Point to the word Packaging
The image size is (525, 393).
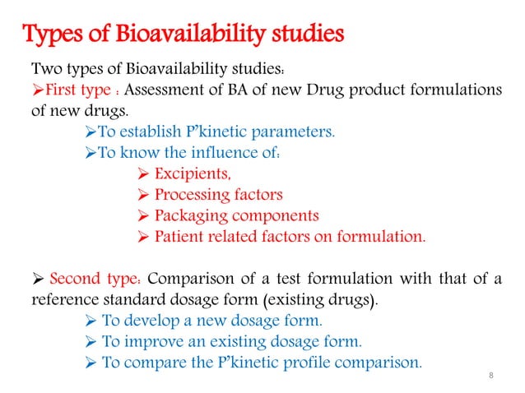(x=193, y=216)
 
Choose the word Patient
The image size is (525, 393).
(x=181, y=238)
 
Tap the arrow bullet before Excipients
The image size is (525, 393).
(x=141, y=173)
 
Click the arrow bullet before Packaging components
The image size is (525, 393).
(x=141, y=216)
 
